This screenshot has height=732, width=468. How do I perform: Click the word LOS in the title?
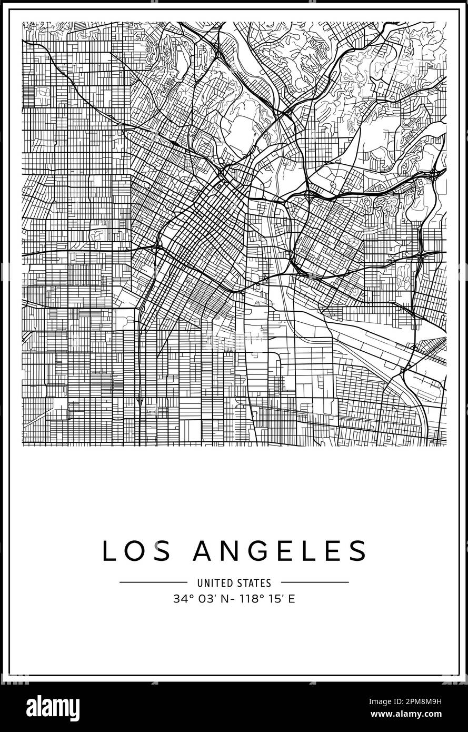[136, 551]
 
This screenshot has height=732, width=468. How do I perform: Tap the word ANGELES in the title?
[280, 551]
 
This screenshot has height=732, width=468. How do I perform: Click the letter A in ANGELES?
[204, 551]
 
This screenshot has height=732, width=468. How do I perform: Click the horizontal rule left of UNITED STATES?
[153, 582]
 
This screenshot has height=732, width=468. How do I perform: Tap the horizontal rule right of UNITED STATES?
[315, 582]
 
